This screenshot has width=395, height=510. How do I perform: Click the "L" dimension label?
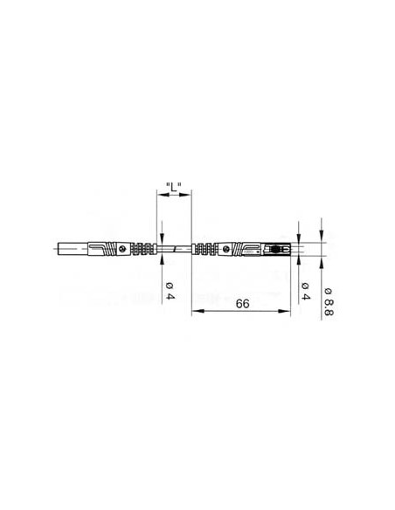pyautogui.click(x=172, y=187)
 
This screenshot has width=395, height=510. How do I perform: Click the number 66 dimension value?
pyautogui.click(x=241, y=304)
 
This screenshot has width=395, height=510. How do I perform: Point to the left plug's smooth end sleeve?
pyautogui.click(x=73, y=250)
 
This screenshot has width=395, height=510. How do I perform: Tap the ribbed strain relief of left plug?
pyautogui.click(x=146, y=250)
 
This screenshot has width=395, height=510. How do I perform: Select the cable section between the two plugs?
pyautogui.click(x=175, y=250)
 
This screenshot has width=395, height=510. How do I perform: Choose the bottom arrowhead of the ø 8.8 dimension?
pyautogui.click(x=321, y=262)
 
